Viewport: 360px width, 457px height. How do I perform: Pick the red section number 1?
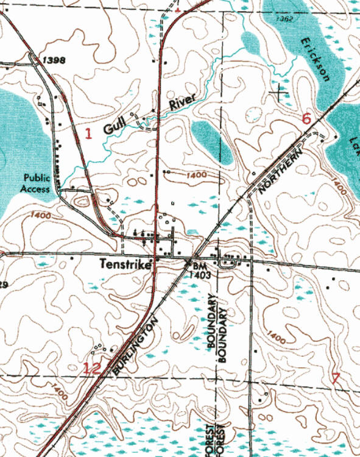click(x=88, y=133)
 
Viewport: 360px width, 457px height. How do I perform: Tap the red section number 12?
click(x=92, y=367)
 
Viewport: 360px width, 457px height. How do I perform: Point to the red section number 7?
click(x=335, y=377)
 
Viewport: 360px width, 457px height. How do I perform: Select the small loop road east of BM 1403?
click(x=230, y=263)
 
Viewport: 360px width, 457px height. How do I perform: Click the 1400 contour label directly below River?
click(x=194, y=175)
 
